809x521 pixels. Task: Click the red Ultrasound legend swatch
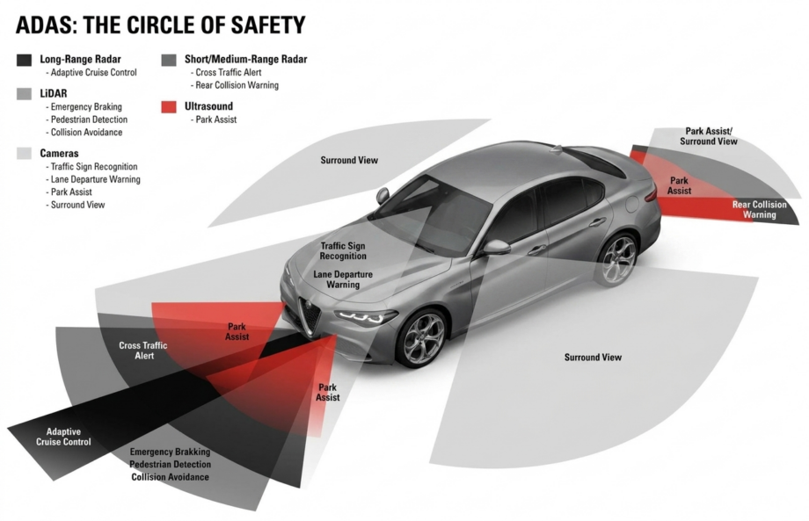click(169, 106)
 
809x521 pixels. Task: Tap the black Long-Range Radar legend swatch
click(25, 60)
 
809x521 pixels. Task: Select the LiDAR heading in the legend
click(54, 93)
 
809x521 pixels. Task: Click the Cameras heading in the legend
click(59, 153)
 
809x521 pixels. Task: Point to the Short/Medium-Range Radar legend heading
click(245, 59)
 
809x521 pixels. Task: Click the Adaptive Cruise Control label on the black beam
click(63, 437)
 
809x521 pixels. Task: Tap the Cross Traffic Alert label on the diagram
click(143, 351)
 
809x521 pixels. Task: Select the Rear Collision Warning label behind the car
click(760, 209)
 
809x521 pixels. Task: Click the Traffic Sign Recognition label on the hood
click(343, 251)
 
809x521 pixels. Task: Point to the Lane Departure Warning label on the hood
click(343, 279)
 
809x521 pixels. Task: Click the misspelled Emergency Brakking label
click(171, 452)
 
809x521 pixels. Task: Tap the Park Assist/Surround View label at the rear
click(709, 136)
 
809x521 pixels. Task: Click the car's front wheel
click(423, 338)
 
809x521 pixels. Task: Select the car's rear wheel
click(618, 260)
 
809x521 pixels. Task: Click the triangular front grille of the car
click(310, 315)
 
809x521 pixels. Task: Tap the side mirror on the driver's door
click(496, 247)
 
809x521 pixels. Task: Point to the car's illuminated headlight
click(366, 316)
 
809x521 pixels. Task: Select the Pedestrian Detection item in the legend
click(89, 119)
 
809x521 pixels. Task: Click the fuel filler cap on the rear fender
click(632, 205)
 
